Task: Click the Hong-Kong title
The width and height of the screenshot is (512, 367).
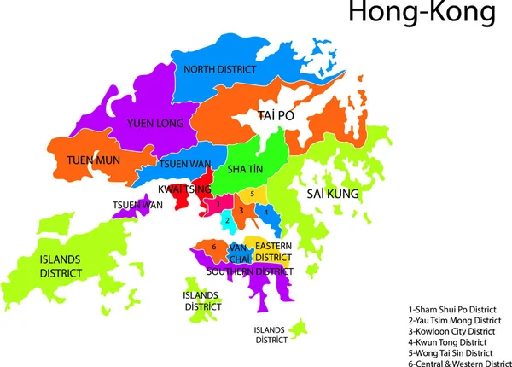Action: click(410, 14)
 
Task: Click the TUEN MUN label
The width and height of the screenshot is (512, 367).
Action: click(93, 160)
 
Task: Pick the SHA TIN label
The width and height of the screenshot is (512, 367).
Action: click(247, 170)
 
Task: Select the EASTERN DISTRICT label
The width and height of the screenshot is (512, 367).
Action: click(274, 251)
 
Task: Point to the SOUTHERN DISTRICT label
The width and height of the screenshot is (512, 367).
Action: click(249, 271)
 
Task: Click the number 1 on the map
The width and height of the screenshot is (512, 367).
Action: click(218, 205)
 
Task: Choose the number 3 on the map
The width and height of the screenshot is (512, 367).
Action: click(242, 210)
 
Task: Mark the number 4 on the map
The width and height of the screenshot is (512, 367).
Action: click(266, 211)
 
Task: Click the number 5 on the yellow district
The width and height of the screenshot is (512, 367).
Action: click(253, 195)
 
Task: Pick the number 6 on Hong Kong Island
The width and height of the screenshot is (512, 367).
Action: click(213, 248)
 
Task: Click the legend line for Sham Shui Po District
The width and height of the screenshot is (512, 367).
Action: click(452, 309)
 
